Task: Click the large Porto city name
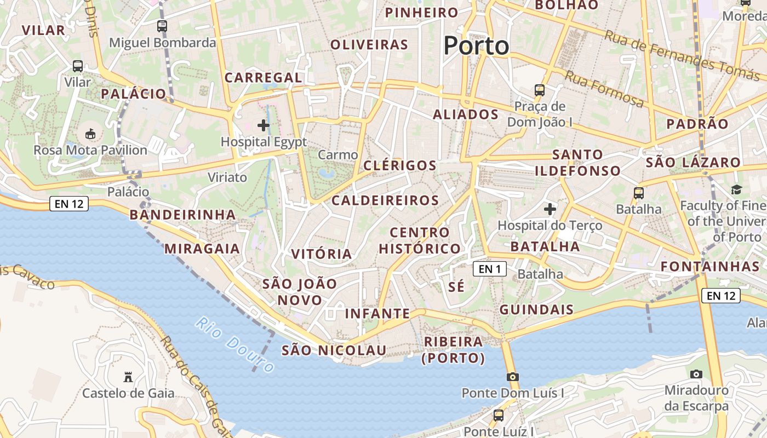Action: pos(476,45)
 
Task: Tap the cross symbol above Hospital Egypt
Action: pos(264,125)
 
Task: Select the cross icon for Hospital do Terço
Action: pos(550,209)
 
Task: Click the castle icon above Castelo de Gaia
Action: pos(128,377)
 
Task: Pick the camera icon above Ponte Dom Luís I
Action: pos(512,377)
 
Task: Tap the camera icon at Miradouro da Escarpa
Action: pos(696,374)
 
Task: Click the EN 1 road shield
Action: pos(490,269)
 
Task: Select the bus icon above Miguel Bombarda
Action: pos(162,26)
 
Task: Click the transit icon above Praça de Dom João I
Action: pos(540,90)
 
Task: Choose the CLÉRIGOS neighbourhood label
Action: pos(400,165)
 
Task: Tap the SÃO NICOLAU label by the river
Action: pos(334,350)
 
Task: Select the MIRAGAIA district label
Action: pos(202,249)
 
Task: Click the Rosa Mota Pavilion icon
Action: pos(90,134)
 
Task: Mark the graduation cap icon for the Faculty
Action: pos(736,189)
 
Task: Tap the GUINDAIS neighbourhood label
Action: pos(536,309)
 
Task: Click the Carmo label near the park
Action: pos(337,155)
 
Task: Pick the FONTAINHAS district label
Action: pos(709,267)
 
